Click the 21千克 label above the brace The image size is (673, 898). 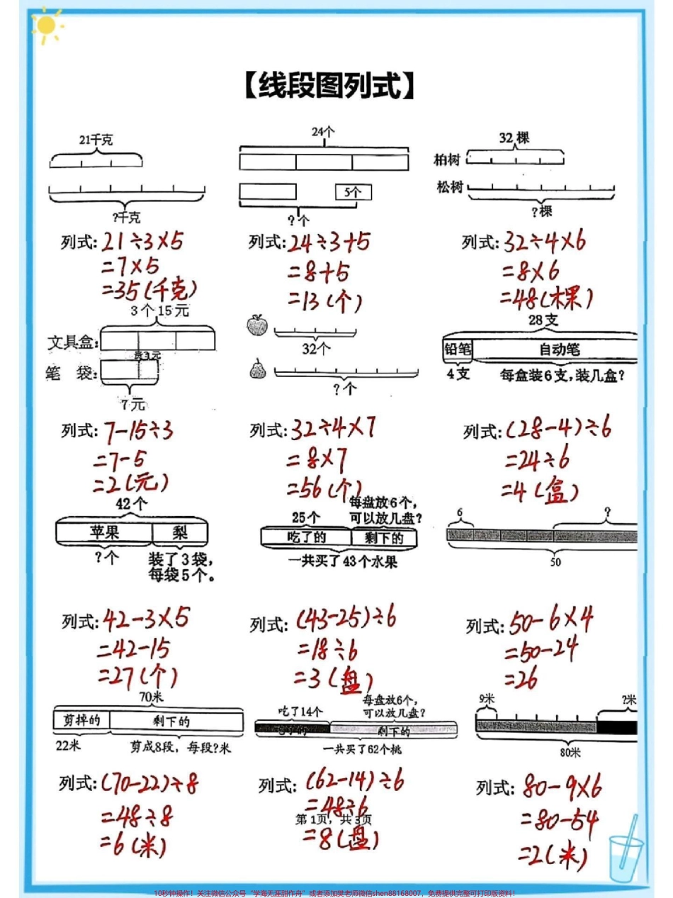point(95,140)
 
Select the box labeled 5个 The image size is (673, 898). point(353,192)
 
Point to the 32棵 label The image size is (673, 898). point(514,138)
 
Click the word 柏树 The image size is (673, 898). point(448,159)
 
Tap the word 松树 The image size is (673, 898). point(449,187)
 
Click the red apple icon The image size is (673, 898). point(257,325)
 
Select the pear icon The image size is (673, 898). point(256,369)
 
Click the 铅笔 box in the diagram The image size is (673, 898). point(458,349)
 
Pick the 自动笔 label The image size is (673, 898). point(559,349)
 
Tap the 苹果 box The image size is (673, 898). point(104,533)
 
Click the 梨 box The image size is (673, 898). point(180,533)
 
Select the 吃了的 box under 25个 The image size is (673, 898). point(306,538)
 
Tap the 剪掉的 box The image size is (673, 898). point(80,721)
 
